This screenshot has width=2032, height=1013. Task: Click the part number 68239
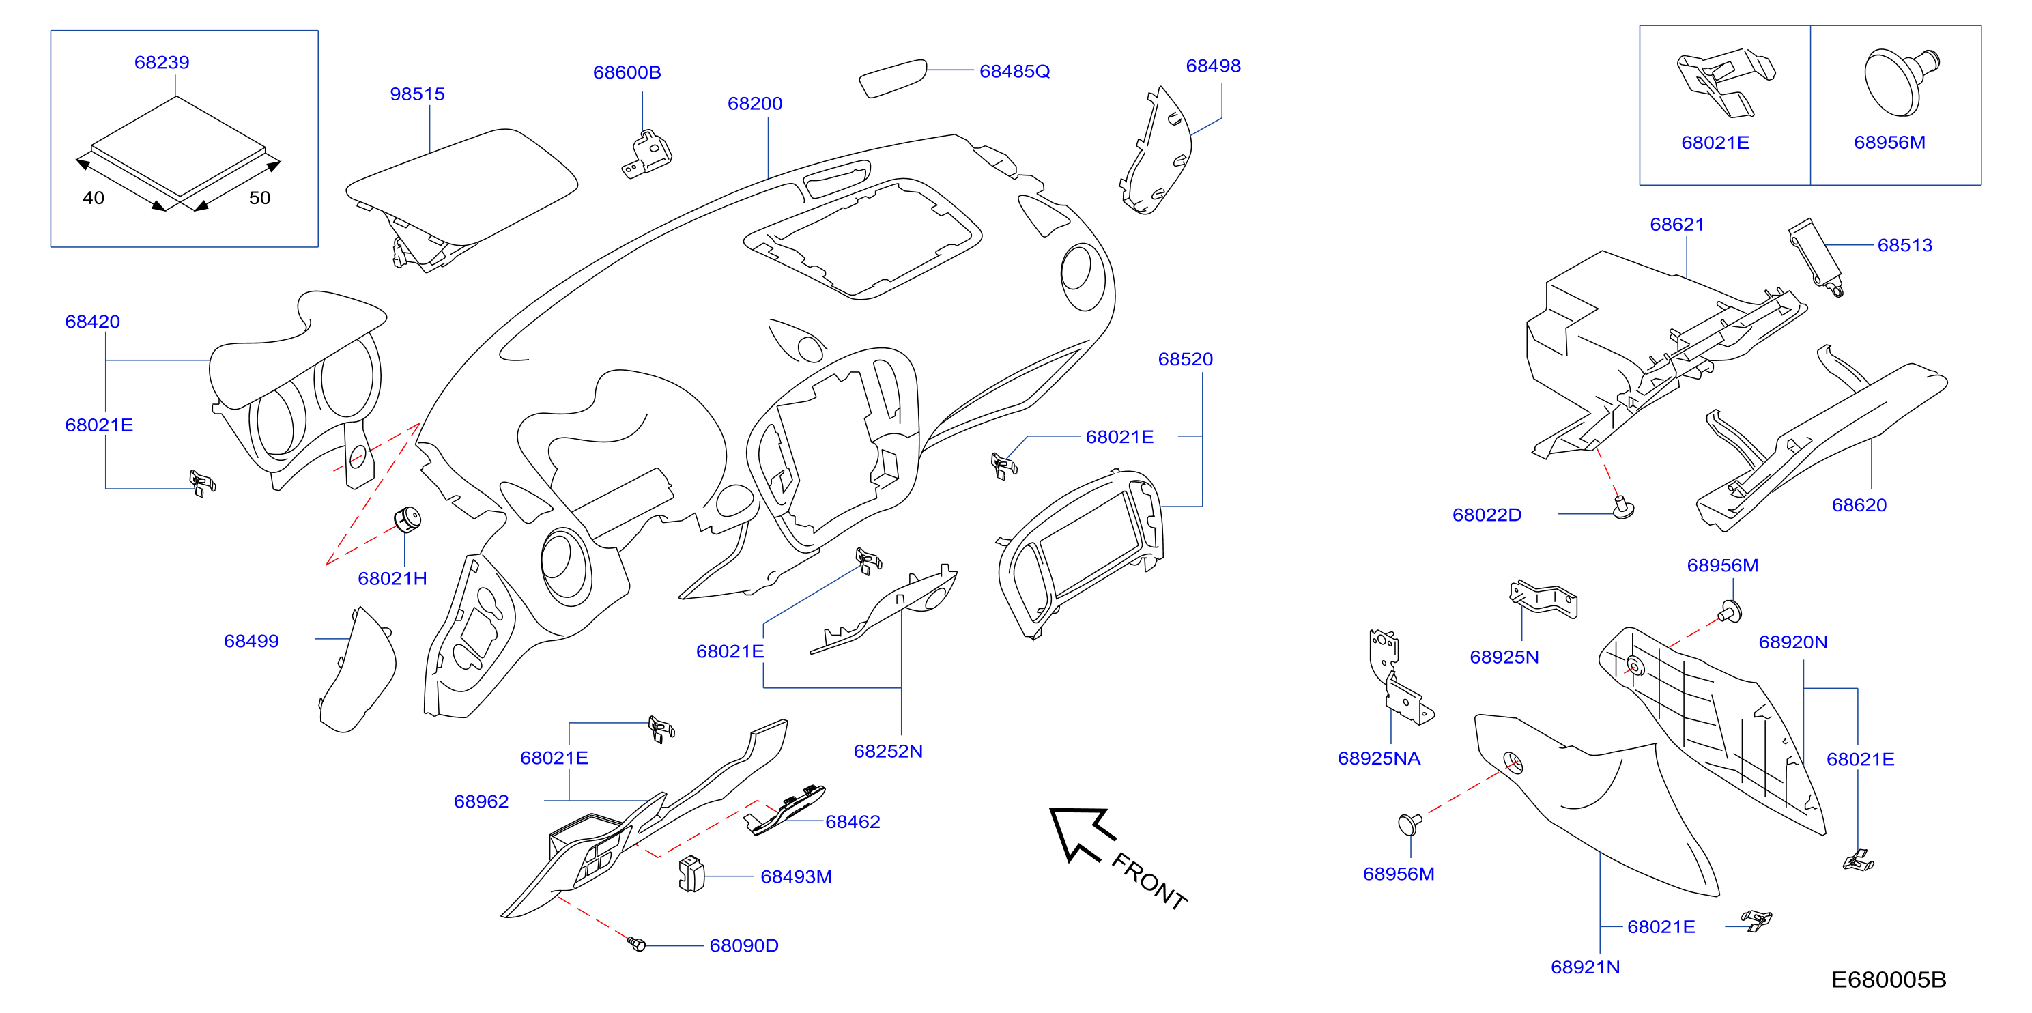click(x=162, y=62)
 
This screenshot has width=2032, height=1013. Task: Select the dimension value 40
click(x=93, y=198)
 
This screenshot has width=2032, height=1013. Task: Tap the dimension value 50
click(x=259, y=198)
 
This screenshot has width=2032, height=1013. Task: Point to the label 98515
click(x=417, y=94)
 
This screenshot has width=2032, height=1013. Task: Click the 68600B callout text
click(x=627, y=72)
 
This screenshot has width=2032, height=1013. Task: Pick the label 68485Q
click(x=1014, y=71)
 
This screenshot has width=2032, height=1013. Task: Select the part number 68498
click(x=1213, y=66)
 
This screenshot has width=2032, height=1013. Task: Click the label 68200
click(x=755, y=103)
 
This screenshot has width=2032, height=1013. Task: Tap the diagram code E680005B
click(x=1889, y=980)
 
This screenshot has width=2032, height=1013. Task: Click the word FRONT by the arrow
click(x=1149, y=881)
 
